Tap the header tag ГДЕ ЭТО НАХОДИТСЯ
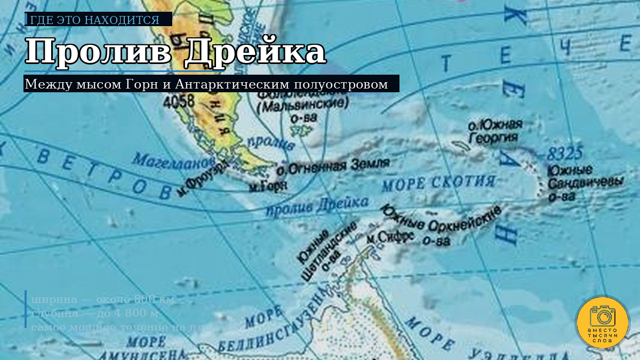click(95, 20)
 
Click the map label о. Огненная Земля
click(333, 167)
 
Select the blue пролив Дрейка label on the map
click(317, 206)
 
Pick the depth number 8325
click(564, 154)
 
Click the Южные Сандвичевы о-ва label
click(585, 183)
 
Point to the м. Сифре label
click(390, 237)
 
